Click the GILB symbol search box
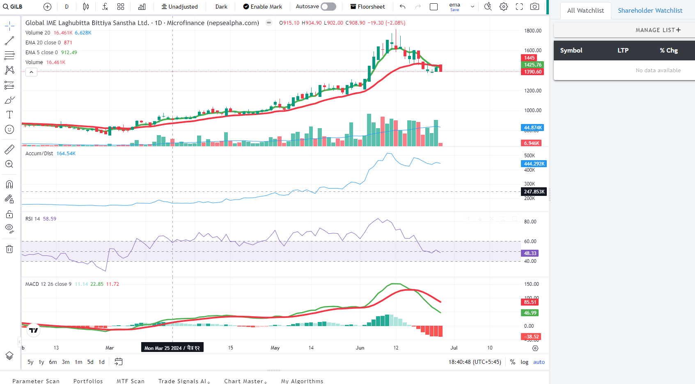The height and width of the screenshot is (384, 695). click(x=13, y=7)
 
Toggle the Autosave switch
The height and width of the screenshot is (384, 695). click(x=328, y=7)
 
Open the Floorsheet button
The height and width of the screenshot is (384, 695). click(x=367, y=7)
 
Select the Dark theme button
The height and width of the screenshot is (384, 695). click(x=221, y=7)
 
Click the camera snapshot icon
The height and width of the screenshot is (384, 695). click(x=534, y=7)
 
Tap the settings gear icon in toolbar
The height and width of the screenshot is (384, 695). click(x=504, y=7)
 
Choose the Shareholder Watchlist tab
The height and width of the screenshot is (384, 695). click(x=650, y=11)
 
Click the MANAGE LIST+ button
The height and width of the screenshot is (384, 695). click(x=658, y=30)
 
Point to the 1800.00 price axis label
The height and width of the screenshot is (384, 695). click(x=533, y=31)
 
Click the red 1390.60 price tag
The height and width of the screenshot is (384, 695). click(x=532, y=72)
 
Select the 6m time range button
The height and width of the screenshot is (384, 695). click(x=53, y=362)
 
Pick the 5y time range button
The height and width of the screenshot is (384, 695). click(x=30, y=362)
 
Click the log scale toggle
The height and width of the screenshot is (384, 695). click(x=524, y=362)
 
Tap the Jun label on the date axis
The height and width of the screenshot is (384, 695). click(x=360, y=348)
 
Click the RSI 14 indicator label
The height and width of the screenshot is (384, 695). click(x=33, y=219)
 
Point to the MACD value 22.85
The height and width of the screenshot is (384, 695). click(x=97, y=284)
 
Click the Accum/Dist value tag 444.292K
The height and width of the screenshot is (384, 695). click(x=534, y=164)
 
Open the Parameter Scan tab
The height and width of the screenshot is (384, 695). click(x=36, y=381)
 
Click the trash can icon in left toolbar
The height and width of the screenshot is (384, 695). click(x=9, y=249)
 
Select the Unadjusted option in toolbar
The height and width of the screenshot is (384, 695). click(x=179, y=7)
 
